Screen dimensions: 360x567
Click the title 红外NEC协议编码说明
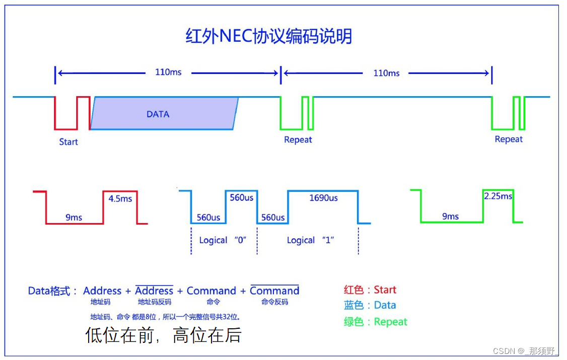[x=268, y=37]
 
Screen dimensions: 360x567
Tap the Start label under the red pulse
[x=68, y=142]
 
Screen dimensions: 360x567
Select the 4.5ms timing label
[x=120, y=198]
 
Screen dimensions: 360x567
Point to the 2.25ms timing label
[x=498, y=196]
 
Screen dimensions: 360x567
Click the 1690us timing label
[x=323, y=198]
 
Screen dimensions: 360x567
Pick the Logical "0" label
[x=223, y=240]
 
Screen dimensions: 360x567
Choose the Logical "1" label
[x=311, y=240]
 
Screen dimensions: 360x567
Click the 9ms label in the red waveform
[x=74, y=218]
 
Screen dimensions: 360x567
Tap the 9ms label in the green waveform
[x=450, y=217]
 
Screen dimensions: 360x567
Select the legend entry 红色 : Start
[x=370, y=290]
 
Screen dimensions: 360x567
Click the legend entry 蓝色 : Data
[x=370, y=305]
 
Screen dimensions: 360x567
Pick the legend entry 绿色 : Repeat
[x=376, y=322]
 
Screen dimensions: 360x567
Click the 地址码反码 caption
[x=154, y=302]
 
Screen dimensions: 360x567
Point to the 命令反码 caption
[x=274, y=302]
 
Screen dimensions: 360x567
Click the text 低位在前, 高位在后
[x=164, y=335]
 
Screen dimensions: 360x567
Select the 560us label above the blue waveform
[x=241, y=197]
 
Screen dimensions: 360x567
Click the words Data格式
[x=52, y=291]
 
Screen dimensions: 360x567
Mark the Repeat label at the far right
[x=509, y=139]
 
